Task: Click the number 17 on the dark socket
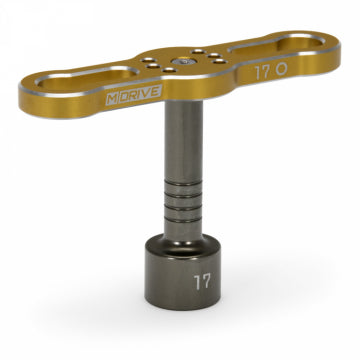(203, 282)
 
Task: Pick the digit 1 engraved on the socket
(198, 282)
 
